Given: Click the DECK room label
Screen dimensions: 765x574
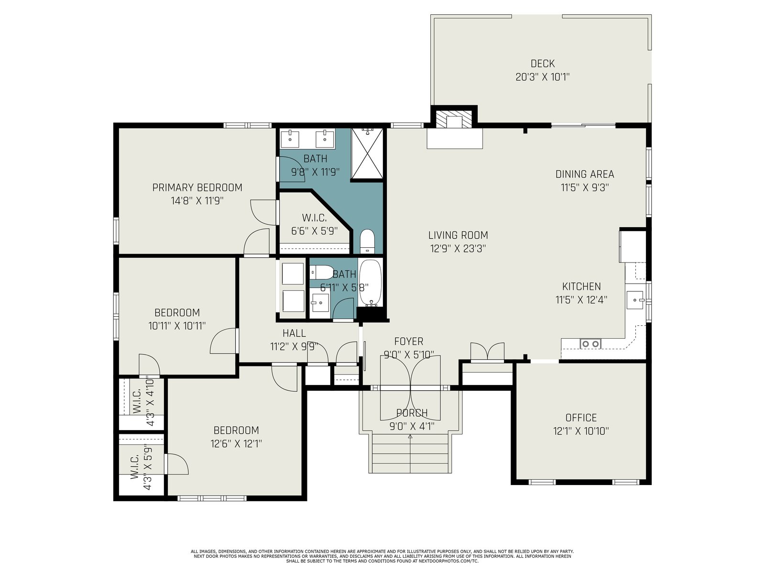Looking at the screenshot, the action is pos(542,64).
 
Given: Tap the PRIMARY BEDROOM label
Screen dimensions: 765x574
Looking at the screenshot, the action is pos(197,188).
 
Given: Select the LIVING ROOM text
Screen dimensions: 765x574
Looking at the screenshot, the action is pos(458,235).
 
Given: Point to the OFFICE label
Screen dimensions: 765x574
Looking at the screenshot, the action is pos(580,418).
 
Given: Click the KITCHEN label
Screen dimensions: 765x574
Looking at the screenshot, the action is pos(581,287).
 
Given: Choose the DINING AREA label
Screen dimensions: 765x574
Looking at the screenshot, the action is pos(584,174).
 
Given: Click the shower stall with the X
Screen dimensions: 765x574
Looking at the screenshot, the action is pos(367,153).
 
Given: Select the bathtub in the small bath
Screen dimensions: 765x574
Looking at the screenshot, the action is pos(370,283).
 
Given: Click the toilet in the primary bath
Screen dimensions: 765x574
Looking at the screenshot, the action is pos(367,241).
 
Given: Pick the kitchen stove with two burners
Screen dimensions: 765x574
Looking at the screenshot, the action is pos(590,343).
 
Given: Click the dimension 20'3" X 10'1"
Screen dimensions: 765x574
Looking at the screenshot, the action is pos(542,77).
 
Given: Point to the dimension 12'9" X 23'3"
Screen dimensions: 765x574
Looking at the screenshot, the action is pos(458,248).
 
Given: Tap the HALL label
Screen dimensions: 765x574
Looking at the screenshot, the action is pos(294,333).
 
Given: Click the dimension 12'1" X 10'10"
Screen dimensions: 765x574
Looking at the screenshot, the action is pos(580,431).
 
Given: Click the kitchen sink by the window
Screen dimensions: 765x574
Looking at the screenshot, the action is pos(635,300).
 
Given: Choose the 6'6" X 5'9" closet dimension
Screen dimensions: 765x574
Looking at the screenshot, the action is pos(314,231).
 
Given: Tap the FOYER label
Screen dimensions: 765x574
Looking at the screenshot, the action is pos(408,341).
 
